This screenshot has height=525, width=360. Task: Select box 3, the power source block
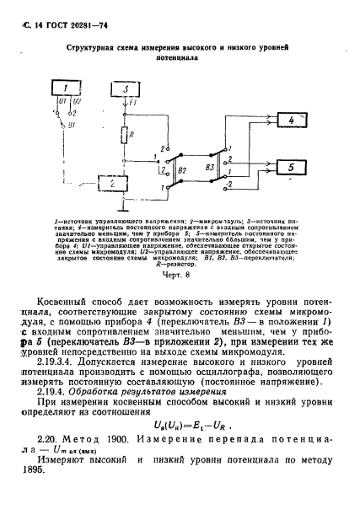pos(124,88)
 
